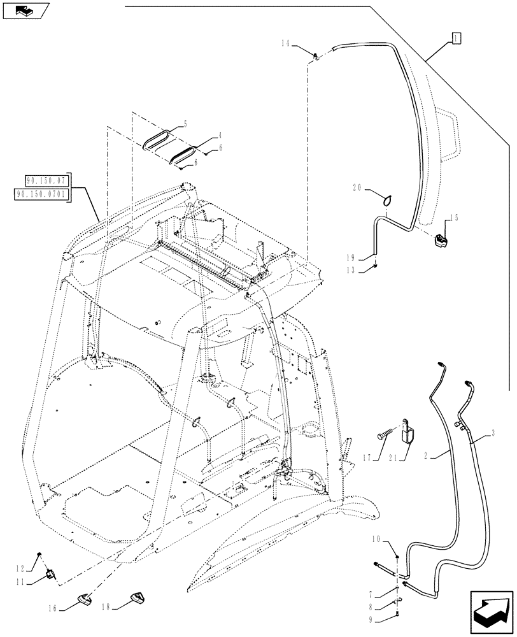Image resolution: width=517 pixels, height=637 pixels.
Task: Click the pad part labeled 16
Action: coord(83,599)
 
